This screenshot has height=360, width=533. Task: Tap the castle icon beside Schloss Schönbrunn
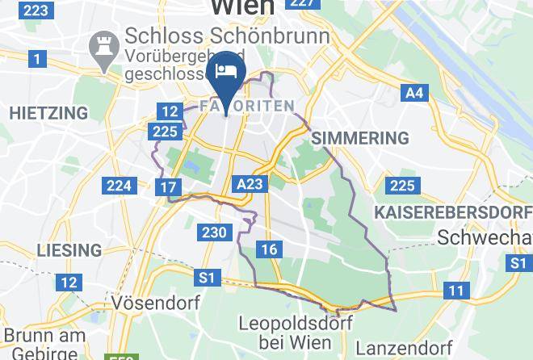pyautogui.click(x=103, y=41)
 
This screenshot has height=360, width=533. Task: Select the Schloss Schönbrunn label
pyautogui.click(x=226, y=37)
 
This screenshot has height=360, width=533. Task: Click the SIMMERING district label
pyautogui.click(x=359, y=138)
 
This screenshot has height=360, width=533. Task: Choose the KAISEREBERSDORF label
pyautogui.click(x=451, y=211)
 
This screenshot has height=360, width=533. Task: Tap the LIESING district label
pyautogui.click(x=69, y=249)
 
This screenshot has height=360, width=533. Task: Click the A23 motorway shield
pyautogui.click(x=250, y=184)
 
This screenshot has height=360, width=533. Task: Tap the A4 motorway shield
pyautogui.click(x=413, y=93)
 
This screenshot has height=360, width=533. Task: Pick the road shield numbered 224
pyautogui.click(x=119, y=186)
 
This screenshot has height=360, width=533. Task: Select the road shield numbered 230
pyautogui.click(x=214, y=232)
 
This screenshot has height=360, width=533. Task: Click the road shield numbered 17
pyautogui.click(x=168, y=188)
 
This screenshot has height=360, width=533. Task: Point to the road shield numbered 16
pyautogui.click(x=269, y=249)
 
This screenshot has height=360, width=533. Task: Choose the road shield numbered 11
pyautogui.click(x=457, y=291)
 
